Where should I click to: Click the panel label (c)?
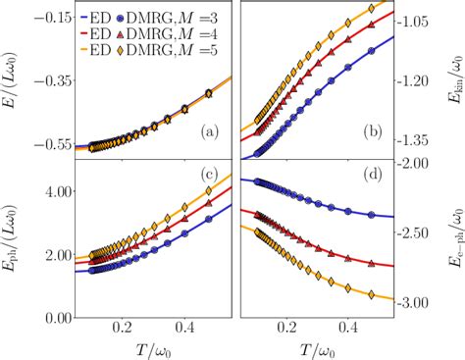click(211, 175)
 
